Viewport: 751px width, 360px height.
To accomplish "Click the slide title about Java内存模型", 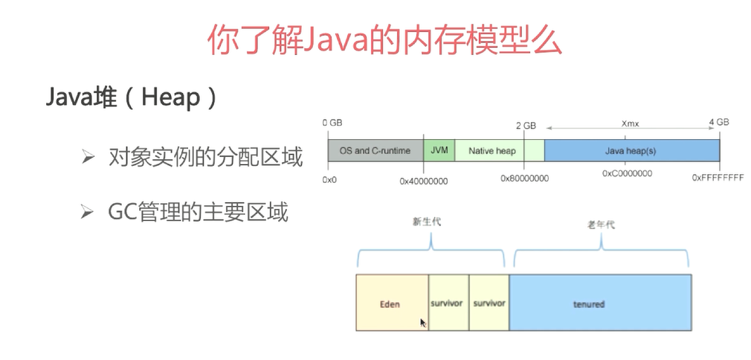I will pos(384,39).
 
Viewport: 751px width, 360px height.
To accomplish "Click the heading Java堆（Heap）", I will pos(132,97).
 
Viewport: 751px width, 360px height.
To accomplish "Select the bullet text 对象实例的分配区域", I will pos(204,158).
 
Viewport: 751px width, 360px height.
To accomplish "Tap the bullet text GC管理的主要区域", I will pos(197,213).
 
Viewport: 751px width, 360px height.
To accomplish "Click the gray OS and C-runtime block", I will pos(375,150).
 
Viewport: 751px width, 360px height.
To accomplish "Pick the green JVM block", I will pos(439,150).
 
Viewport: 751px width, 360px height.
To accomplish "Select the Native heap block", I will pos(491,150).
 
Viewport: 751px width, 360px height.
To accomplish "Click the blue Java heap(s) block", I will pos(631,150).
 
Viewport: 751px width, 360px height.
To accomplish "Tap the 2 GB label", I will pos(526,126).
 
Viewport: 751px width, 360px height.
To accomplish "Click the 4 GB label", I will pos(718,122).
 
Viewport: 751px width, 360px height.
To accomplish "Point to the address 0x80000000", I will pos(524,179).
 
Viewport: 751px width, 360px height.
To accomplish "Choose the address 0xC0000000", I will pos(627,173).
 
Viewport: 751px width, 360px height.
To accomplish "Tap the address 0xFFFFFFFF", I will pos(718,179).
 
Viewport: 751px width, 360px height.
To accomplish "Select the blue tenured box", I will pos(599,303).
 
